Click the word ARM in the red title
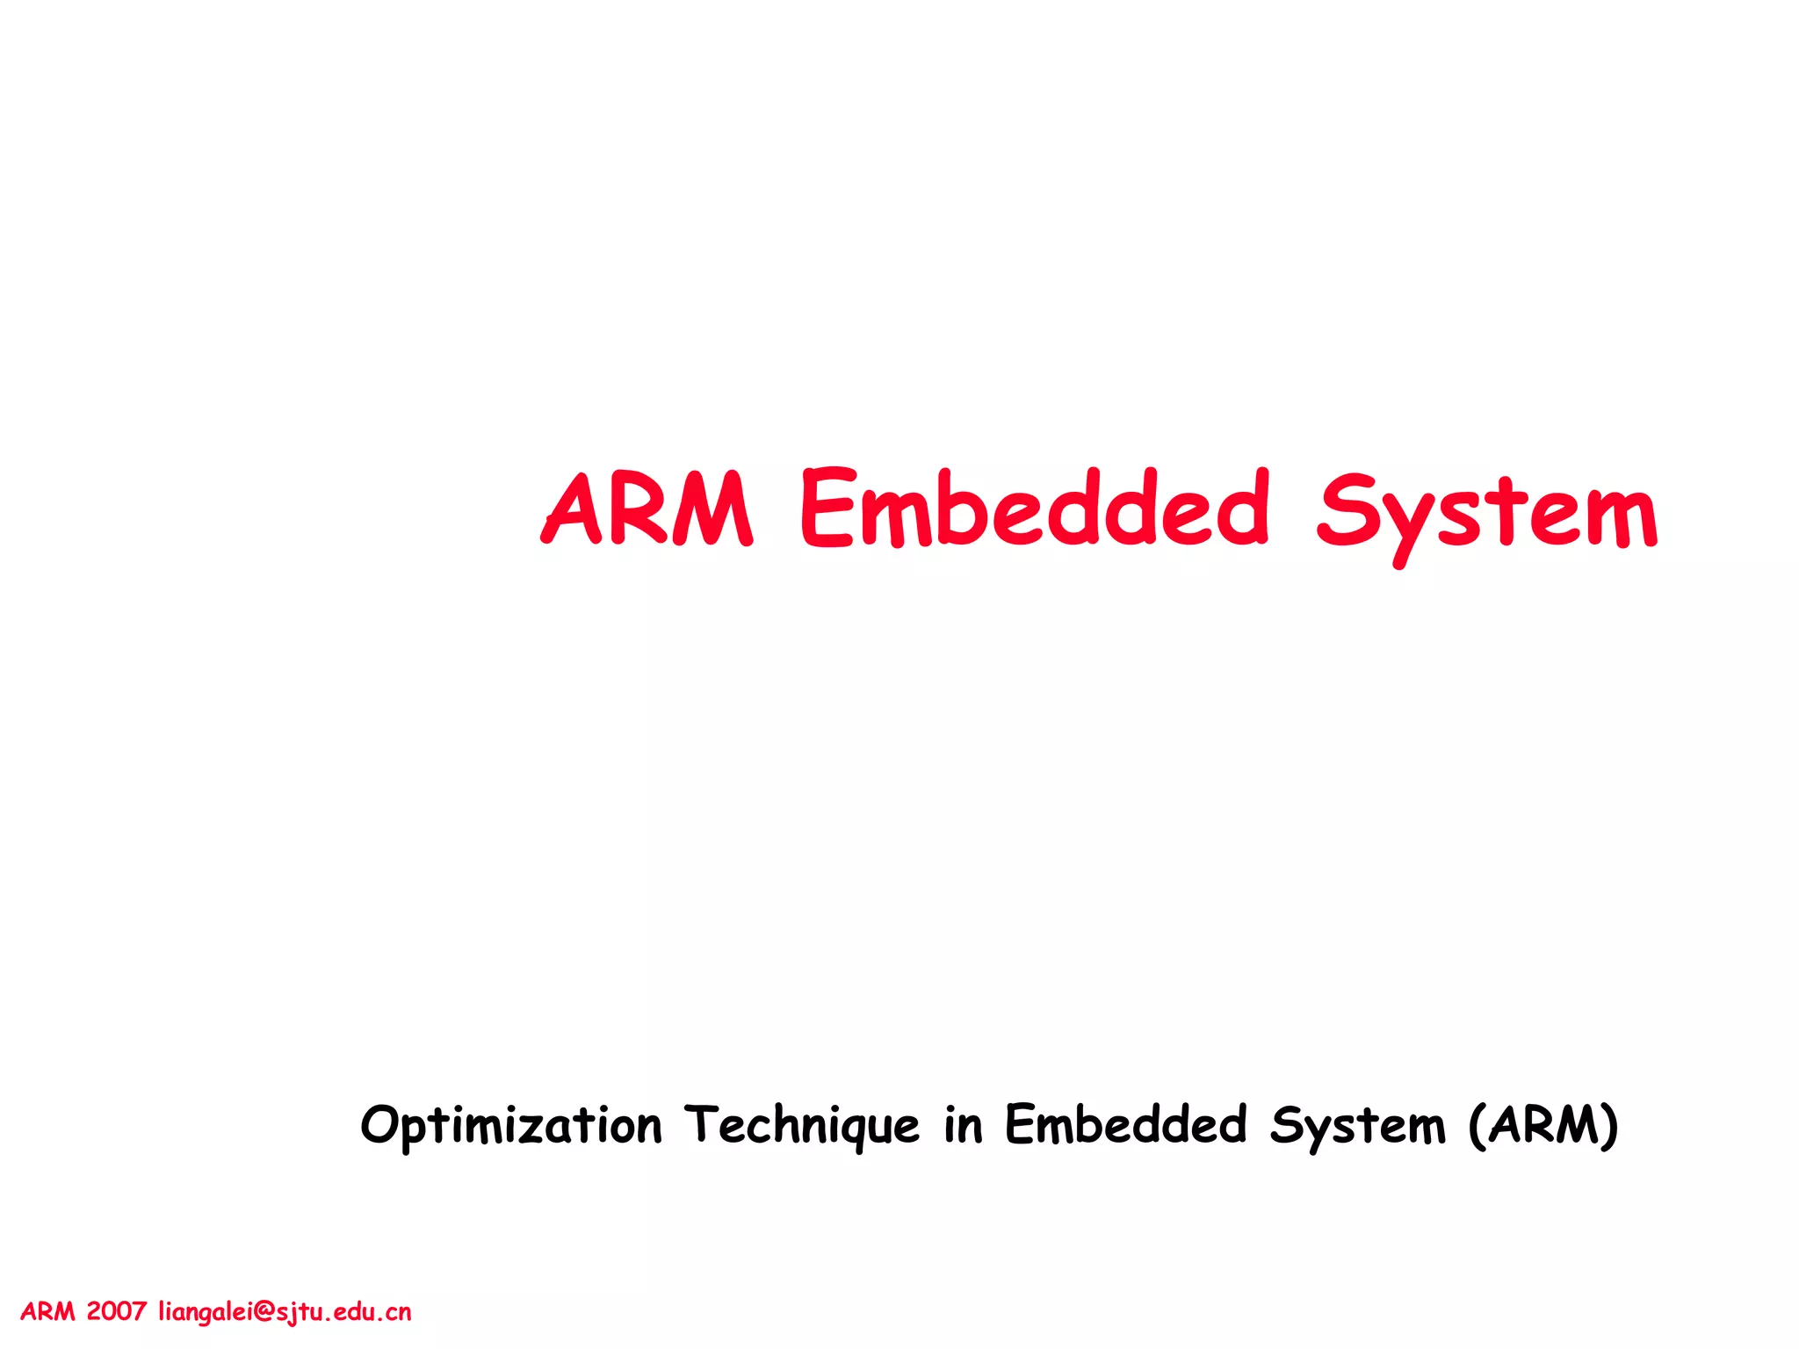[x=647, y=509]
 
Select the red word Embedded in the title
[x=1035, y=509]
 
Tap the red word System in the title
[x=1486, y=514]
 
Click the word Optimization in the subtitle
[x=511, y=1126]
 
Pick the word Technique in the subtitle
[x=802, y=1126]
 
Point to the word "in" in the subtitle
[x=963, y=1126]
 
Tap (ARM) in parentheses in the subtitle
[x=1543, y=1125]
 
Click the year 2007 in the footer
[x=116, y=1311]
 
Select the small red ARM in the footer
[x=47, y=1311]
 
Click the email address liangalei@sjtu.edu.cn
[x=285, y=1312]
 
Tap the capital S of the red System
[x=1345, y=509]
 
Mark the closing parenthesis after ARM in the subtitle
[x=1608, y=1125]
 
